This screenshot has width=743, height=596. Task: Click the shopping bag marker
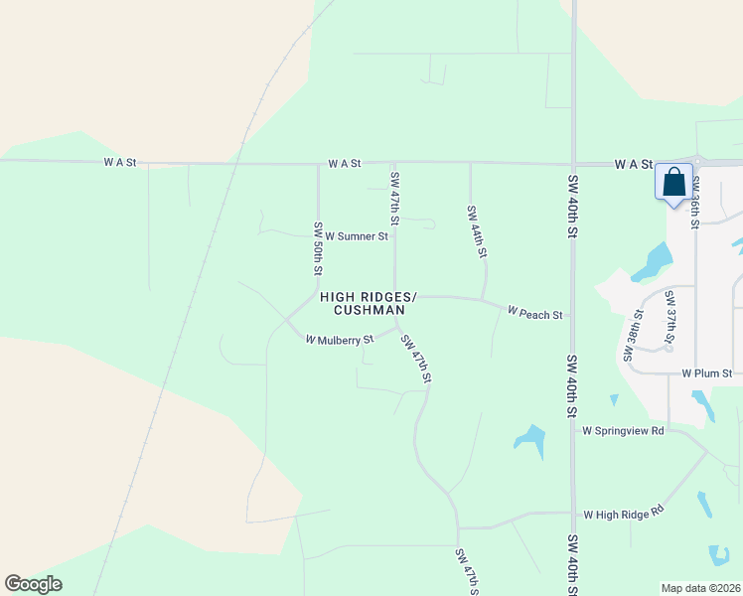[x=673, y=184]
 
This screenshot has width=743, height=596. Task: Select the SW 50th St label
[x=319, y=248]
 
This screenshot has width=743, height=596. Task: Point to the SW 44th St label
[x=476, y=231]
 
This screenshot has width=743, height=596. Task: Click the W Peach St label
[x=534, y=313]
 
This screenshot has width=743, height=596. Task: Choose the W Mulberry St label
[x=339, y=339]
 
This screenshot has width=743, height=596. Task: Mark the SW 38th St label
[x=632, y=335]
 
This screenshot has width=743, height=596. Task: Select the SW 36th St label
[x=695, y=202]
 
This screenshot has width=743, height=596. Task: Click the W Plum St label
[x=706, y=373]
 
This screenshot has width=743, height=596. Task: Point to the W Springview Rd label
[x=623, y=431]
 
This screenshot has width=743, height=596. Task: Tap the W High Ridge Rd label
[x=623, y=515]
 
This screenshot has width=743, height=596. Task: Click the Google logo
[x=33, y=584]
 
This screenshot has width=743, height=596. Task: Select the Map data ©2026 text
[x=700, y=588]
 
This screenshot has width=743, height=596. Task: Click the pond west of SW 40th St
[x=530, y=439]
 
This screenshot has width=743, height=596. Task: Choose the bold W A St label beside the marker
[x=633, y=163]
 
